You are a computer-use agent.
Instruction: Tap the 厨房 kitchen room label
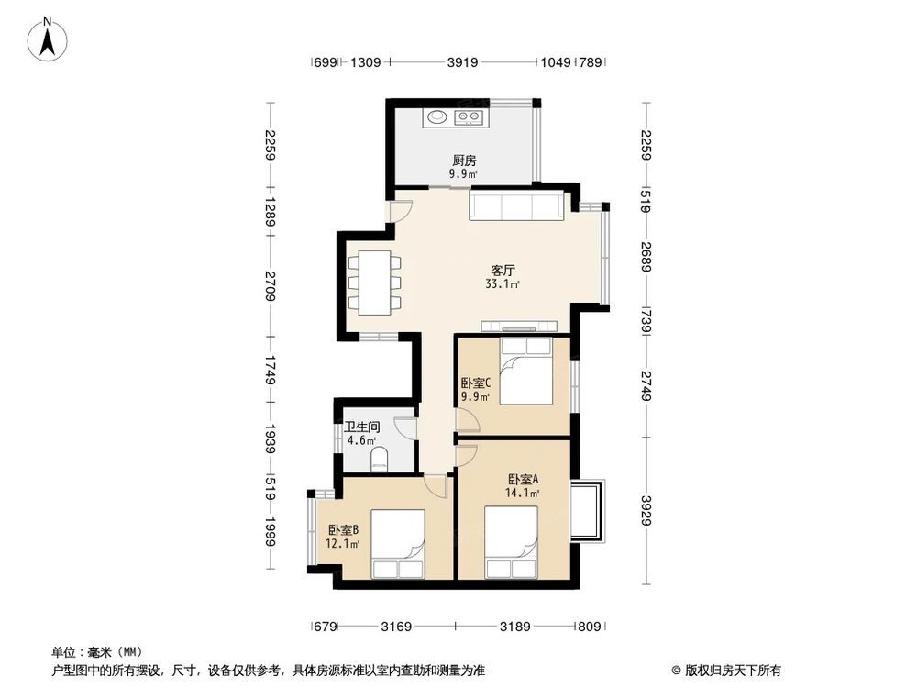[463, 160]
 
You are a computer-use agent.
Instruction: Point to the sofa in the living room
[516, 205]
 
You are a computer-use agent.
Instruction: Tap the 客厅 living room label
[502, 271]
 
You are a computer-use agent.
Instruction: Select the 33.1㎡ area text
[503, 284]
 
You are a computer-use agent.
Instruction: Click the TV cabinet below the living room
[519, 326]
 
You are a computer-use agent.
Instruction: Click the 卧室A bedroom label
[523, 479]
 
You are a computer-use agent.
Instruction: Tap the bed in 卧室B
[398, 545]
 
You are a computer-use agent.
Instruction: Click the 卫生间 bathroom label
[361, 427]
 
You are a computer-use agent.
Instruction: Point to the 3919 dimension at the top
[463, 63]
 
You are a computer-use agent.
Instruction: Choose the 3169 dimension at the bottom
[396, 627]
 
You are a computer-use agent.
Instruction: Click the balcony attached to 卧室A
[587, 509]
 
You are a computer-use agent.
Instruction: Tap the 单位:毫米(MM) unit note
[93, 652]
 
